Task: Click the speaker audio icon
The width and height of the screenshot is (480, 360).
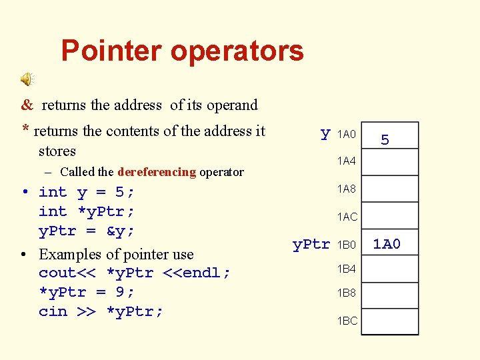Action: pos(27,80)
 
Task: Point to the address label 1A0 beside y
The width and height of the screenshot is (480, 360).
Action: pos(347,135)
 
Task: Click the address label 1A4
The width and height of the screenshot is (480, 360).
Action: pos(347,161)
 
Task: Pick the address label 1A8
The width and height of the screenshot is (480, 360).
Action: pos(347,189)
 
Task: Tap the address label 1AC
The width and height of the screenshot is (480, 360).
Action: pos(347,217)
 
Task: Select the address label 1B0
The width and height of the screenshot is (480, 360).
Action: pos(347,245)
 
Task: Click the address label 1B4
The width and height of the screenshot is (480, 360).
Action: pos(347,269)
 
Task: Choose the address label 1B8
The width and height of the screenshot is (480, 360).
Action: pos(347,294)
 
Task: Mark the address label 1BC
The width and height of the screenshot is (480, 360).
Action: pos(347,321)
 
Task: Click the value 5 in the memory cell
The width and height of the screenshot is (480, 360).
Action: pos(385,140)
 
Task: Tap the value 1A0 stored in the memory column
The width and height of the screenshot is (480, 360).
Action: pos(387,245)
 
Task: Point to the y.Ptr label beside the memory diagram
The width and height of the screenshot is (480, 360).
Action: pos(311,245)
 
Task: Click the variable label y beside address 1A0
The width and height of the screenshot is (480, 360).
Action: pos(325,134)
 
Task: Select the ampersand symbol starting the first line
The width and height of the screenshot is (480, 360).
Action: pos(27,105)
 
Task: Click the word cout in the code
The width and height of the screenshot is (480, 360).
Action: pos(57,273)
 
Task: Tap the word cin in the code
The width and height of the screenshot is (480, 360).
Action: pos(53,312)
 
